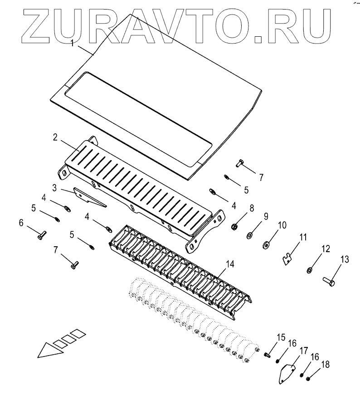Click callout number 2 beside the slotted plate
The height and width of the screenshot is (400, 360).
tap(54, 137)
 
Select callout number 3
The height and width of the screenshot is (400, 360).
tap(54, 187)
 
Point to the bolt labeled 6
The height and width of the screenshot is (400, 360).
tap(39, 234)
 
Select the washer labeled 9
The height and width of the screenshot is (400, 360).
tap(250, 236)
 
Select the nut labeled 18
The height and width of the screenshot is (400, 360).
tap(308, 379)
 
